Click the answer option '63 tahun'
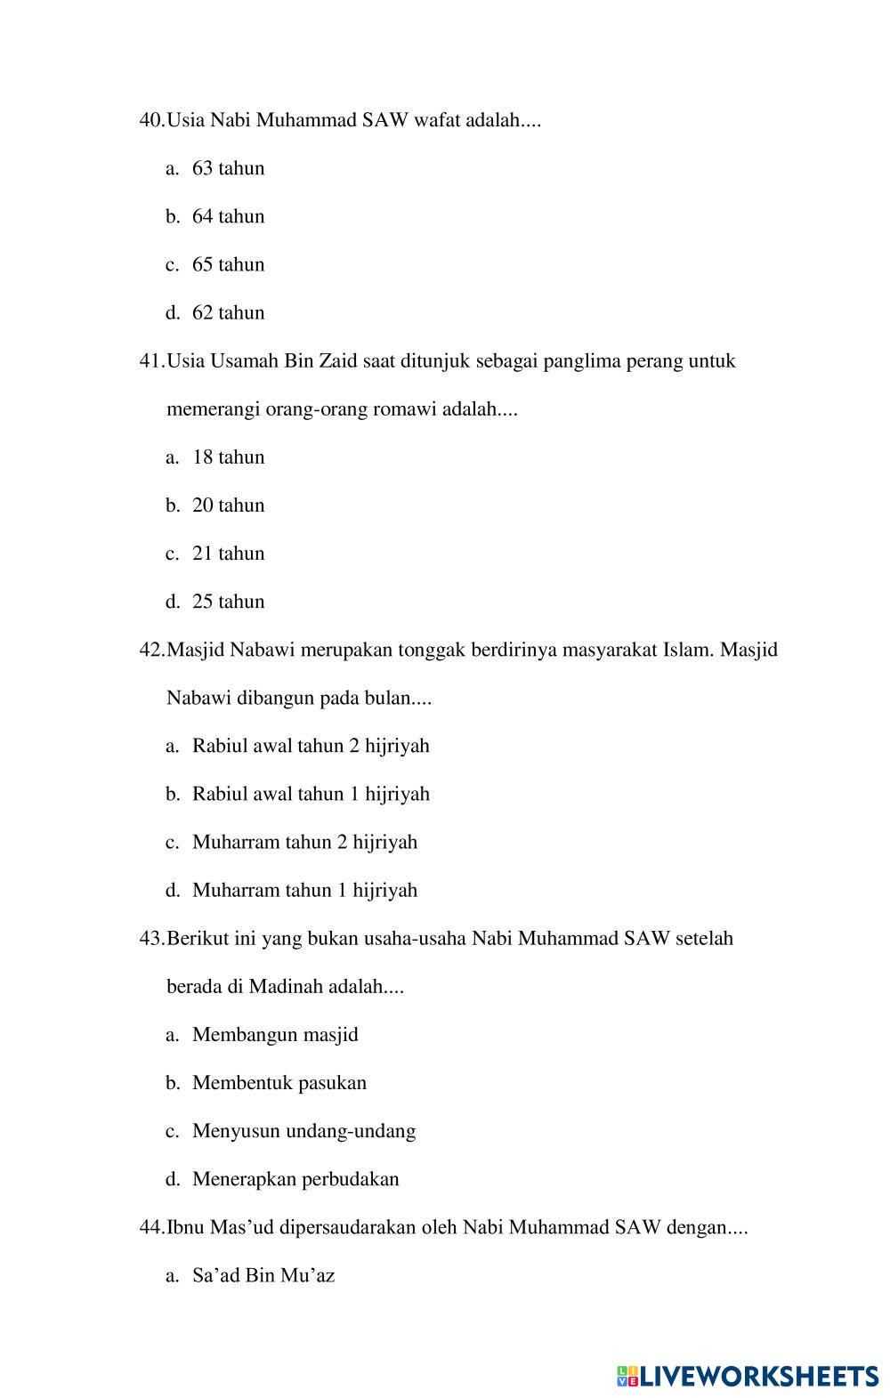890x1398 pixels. (x=228, y=168)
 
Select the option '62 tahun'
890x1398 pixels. (x=228, y=312)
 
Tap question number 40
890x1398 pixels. (x=151, y=120)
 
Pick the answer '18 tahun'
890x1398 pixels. (x=228, y=457)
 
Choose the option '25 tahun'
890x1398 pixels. (x=228, y=602)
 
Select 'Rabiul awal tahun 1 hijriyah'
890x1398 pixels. (x=311, y=794)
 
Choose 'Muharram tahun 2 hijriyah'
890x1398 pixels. (x=304, y=842)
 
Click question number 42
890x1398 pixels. (x=151, y=650)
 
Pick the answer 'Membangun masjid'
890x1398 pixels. (x=275, y=1034)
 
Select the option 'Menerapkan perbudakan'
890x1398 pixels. (x=295, y=1179)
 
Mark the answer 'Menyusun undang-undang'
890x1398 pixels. (x=303, y=1131)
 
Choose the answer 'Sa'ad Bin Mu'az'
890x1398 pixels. (x=263, y=1275)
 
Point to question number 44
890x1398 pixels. (x=151, y=1227)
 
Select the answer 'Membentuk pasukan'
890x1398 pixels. (x=279, y=1083)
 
